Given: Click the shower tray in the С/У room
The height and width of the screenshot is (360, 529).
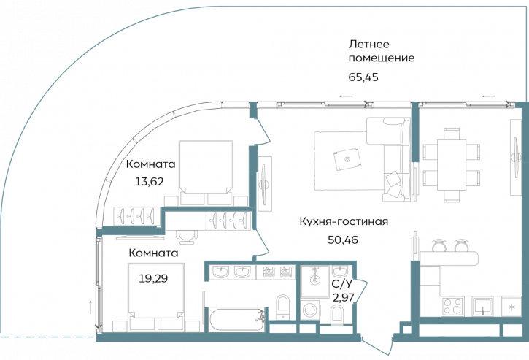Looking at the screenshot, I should [314, 279].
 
